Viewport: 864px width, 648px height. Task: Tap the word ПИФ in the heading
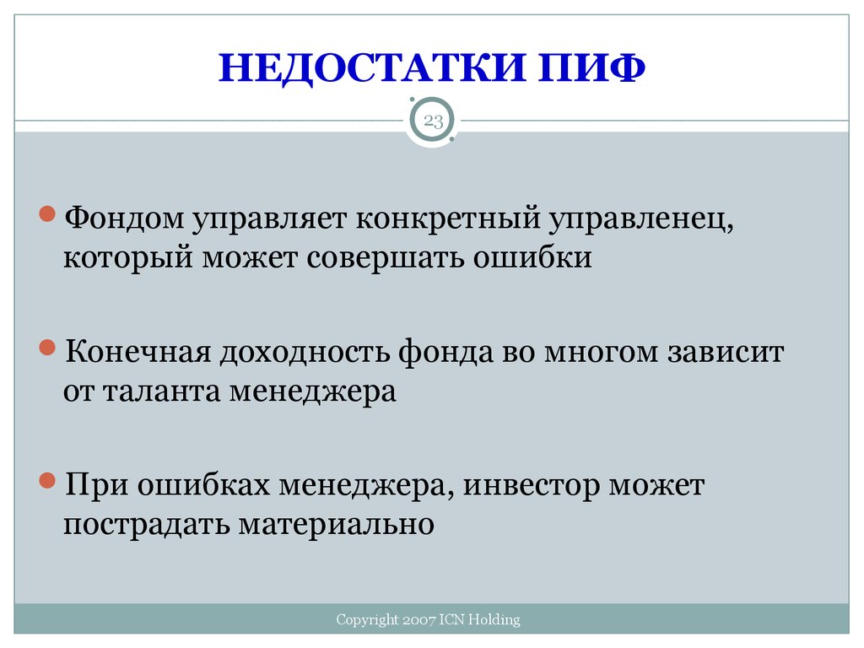(591, 67)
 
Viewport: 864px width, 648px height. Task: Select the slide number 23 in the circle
(433, 121)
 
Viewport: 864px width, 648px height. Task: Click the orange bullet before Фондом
(47, 213)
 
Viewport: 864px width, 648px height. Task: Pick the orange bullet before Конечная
(47, 348)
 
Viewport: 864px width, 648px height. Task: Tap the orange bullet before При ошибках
(47, 481)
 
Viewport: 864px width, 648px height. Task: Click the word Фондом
(124, 218)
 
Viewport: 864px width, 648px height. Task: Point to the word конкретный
(448, 219)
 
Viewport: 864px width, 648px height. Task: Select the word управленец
(641, 219)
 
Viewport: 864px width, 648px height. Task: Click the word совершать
(385, 257)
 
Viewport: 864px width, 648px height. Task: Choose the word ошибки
(532, 256)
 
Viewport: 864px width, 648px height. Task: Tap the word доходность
(304, 353)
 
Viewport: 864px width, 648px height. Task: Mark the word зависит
(726, 353)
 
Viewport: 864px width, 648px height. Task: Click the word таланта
(161, 391)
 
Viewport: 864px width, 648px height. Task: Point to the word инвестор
(532, 486)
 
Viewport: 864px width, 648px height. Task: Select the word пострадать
(147, 525)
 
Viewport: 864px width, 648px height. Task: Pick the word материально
(336, 524)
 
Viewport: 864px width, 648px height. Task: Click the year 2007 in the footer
(418, 620)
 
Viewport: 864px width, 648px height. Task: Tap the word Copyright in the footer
(367, 620)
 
